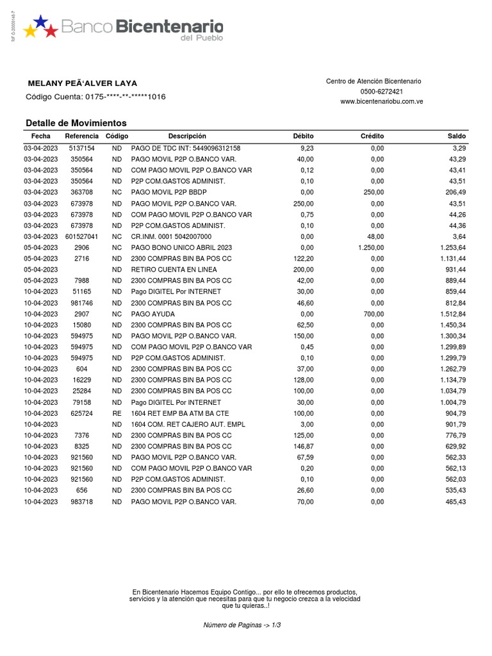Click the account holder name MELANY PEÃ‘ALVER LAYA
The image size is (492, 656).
pos(83,83)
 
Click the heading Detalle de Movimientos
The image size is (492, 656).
pos(76,123)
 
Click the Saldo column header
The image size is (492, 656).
pos(457,136)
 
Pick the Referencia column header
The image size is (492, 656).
pos(82,136)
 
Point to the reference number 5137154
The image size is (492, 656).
pos(82,148)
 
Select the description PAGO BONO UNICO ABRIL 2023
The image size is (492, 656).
pos(181,247)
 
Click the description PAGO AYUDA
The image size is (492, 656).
pos(152,314)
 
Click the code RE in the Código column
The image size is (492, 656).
pos(117,413)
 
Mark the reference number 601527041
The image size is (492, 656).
pos(82,236)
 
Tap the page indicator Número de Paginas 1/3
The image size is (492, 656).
pos(242,625)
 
